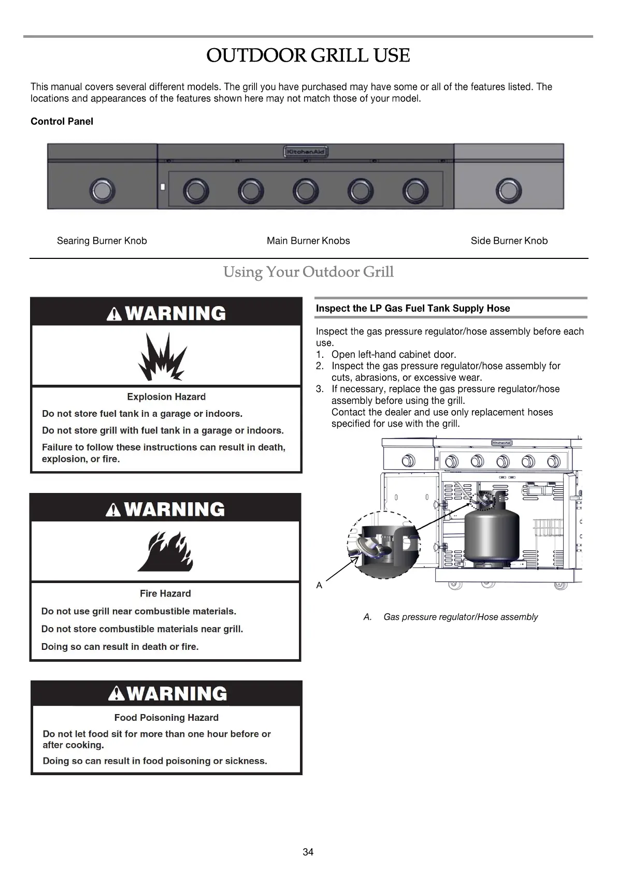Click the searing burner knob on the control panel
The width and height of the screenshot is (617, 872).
tap(102, 191)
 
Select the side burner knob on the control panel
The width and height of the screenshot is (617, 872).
tap(508, 191)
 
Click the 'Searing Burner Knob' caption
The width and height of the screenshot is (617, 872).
tap(102, 241)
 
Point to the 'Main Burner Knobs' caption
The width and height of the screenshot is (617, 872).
tap(308, 241)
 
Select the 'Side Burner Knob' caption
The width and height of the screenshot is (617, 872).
tap(509, 241)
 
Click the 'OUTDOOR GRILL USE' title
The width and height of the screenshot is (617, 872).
tap(308, 55)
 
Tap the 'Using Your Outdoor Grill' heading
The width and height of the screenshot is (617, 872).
tap(308, 272)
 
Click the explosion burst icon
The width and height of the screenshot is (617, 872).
tap(161, 356)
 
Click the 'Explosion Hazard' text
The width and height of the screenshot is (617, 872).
tap(166, 397)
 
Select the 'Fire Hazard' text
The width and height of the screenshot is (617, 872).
tap(165, 593)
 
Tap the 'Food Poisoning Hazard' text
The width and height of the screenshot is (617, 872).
tap(166, 718)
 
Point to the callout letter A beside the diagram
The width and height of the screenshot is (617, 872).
tap(319, 586)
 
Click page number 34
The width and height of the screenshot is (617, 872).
tap(308, 852)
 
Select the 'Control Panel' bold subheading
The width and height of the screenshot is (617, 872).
tap(62, 122)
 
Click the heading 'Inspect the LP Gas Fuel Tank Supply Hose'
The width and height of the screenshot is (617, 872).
tap(413, 309)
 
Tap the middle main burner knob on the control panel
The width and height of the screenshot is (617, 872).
tap(305, 191)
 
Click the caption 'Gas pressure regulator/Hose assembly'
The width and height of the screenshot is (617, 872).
tap(461, 617)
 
